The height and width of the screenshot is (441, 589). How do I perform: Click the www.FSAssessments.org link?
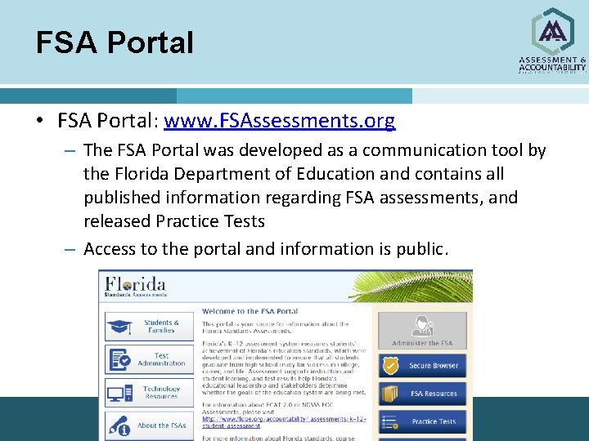coord(279,122)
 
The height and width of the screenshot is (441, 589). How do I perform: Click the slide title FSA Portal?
coord(115,42)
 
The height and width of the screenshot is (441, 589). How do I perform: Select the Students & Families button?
coord(149,327)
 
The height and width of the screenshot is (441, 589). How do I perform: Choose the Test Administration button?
coord(149,359)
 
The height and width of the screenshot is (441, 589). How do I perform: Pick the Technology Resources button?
coord(149,393)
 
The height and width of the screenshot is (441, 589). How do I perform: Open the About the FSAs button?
coord(149,425)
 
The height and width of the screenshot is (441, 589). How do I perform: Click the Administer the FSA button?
coord(422,331)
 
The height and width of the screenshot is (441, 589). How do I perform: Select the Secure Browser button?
coord(422,366)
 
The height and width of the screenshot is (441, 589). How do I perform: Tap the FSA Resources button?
coord(422,394)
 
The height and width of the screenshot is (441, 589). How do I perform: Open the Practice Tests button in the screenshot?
coord(422,421)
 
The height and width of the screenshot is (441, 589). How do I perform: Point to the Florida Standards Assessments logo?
coord(136,288)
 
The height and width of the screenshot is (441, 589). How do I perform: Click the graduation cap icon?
coord(119,327)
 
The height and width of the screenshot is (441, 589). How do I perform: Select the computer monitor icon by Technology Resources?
coord(119,393)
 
